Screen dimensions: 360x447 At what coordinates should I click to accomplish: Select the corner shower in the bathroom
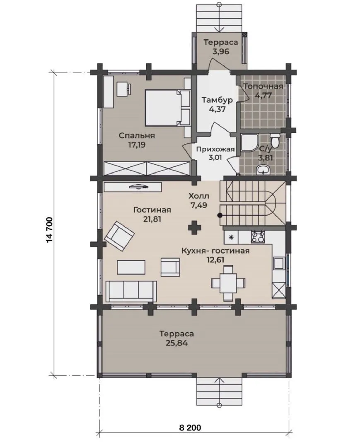pos(250,143)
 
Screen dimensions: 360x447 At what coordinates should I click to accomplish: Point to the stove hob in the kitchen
pos(258,237)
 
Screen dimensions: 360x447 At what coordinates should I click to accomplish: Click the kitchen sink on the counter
pos(279,263)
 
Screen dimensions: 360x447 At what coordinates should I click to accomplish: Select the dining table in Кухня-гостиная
pos(228,283)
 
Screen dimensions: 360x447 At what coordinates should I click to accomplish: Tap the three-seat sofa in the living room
pos(131,291)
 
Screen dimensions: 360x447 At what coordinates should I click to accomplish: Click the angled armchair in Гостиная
pos(120,236)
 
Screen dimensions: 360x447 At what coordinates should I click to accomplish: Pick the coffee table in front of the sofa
pos(131,267)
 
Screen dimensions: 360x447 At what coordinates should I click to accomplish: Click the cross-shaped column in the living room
pos(195,228)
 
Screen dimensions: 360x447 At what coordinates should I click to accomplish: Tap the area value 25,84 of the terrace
pos(176,343)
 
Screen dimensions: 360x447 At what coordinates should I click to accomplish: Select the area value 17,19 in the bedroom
pos(137,145)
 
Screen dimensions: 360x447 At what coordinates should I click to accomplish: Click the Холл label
pos(199,196)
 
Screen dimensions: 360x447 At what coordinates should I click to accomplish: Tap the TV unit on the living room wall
pos(133,187)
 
